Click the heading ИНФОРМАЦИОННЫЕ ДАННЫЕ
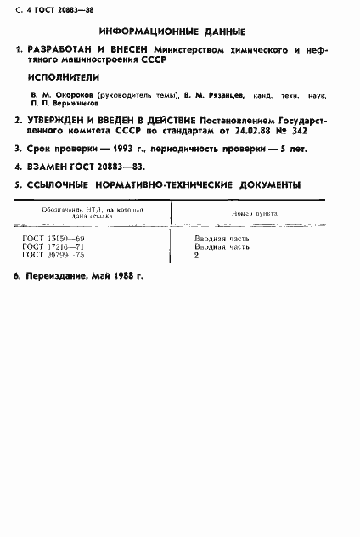click(x=178, y=33)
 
